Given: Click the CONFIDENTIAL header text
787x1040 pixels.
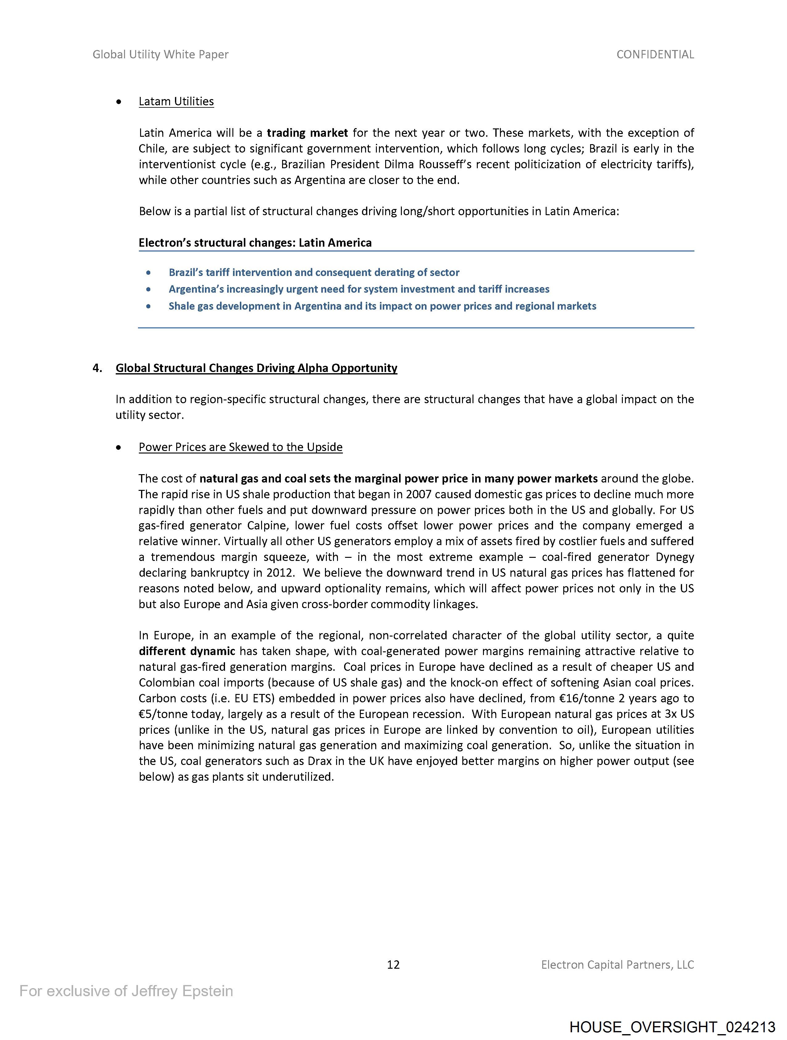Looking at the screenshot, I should (x=655, y=55).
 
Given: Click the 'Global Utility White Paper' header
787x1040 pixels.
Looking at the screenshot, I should (x=160, y=55).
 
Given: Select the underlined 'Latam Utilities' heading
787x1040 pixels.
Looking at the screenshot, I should (x=176, y=102).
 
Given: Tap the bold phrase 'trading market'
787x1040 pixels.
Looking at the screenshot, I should (x=307, y=133).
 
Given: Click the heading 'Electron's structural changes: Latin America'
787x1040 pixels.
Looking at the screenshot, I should (x=255, y=243).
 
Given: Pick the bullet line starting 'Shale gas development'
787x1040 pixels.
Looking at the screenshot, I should (x=382, y=307).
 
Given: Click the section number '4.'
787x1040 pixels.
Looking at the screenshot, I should (x=97, y=368).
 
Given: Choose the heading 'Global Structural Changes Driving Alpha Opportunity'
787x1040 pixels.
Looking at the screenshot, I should (x=256, y=368).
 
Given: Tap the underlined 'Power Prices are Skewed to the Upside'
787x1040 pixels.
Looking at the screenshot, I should (x=240, y=447).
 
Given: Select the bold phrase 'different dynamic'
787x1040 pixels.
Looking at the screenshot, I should (x=187, y=651).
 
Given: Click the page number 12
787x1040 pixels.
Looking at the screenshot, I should (x=393, y=965).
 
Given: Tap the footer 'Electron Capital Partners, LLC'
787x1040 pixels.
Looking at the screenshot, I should (x=617, y=965).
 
